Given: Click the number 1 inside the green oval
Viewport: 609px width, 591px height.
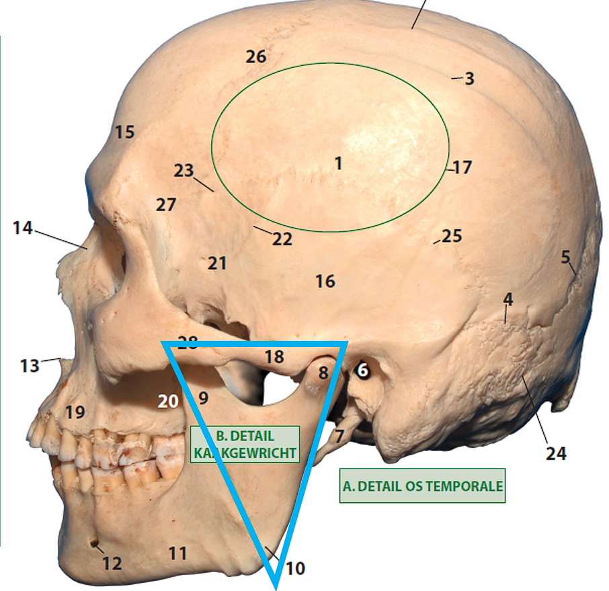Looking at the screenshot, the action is [x=338, y=163].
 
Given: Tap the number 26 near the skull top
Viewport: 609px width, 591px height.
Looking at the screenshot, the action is [x=256, y=57].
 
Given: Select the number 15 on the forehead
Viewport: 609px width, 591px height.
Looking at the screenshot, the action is [x=124, y=132].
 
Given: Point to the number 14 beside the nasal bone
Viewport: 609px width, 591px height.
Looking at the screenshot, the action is [x=22, y=229].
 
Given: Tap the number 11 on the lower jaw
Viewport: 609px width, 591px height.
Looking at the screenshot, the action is [x=177, y=554].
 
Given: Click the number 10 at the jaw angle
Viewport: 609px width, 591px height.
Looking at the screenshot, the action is [x=294, y=569].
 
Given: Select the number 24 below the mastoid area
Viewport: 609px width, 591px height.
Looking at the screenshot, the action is [x=556, y=454].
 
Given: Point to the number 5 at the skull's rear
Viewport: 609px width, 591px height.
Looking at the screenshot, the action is [x=565, y=256].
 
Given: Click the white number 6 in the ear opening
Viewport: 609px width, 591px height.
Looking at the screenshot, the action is [x=362, y=370].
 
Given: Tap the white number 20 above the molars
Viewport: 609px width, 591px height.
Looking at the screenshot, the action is [x=168, y=401].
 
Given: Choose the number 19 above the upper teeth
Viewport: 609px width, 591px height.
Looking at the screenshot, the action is [x=75, y=412].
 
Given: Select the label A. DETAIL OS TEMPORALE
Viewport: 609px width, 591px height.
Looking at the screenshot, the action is [x=422, y=485].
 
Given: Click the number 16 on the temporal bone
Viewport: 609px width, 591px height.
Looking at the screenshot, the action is [x=325, y=281].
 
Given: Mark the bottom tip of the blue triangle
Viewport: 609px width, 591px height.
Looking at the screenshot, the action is [x=276, y=586].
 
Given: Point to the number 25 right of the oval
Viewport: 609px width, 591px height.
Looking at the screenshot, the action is [x=452, y=236].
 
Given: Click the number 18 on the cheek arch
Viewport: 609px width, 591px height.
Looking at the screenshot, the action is [x=274, y=357].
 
